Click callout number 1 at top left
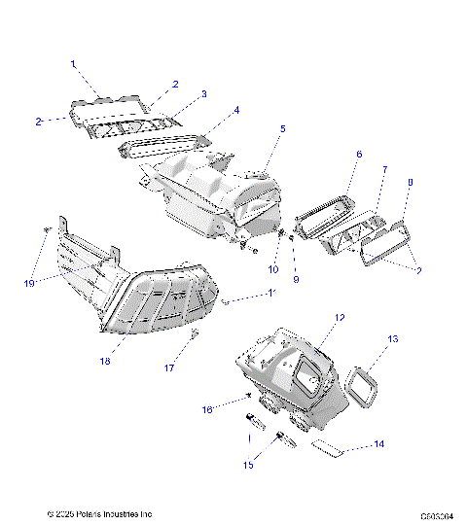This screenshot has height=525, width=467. (73, 63)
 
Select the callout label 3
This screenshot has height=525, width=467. (203, 94)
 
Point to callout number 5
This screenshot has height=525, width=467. (283, 128)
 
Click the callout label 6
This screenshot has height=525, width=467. (358, 155)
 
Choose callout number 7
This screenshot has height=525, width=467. (384, 170)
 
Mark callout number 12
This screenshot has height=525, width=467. (340, 318)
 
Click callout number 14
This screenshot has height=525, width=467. (379, 443)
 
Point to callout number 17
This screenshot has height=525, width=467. (168, 368)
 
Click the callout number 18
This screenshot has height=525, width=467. (105, 362)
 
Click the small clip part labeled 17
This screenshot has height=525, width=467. (196, 335)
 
